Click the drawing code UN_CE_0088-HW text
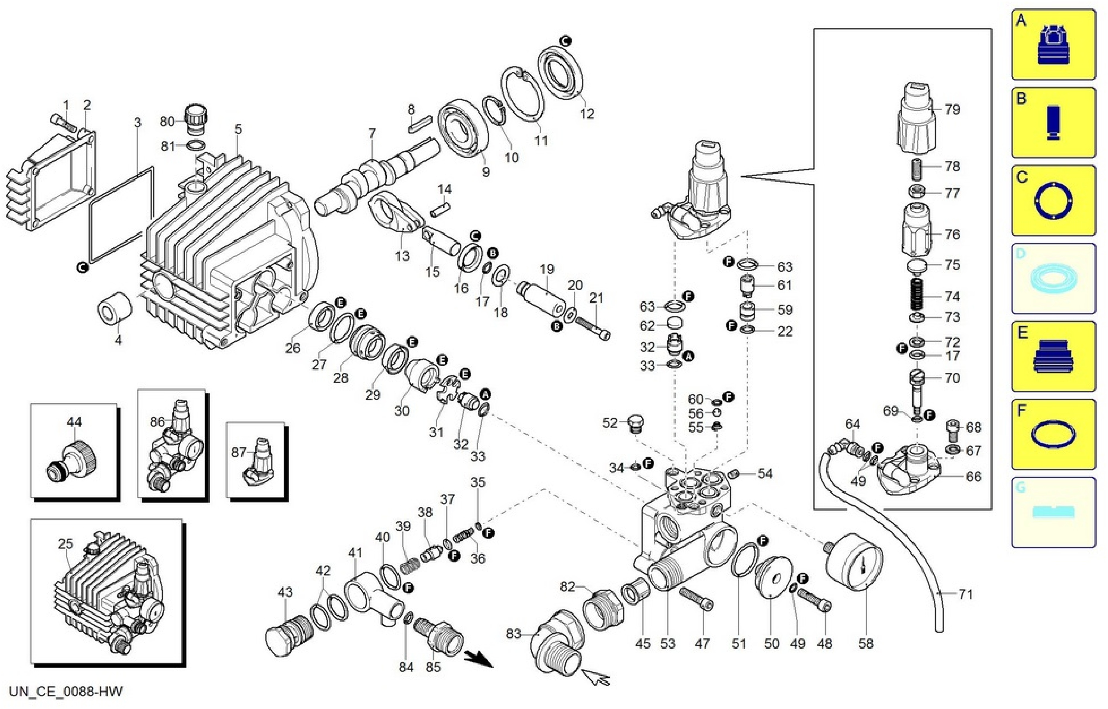pyautogui.click(x=66, y=692)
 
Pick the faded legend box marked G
pyautogui.click(x=1053, y=512)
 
